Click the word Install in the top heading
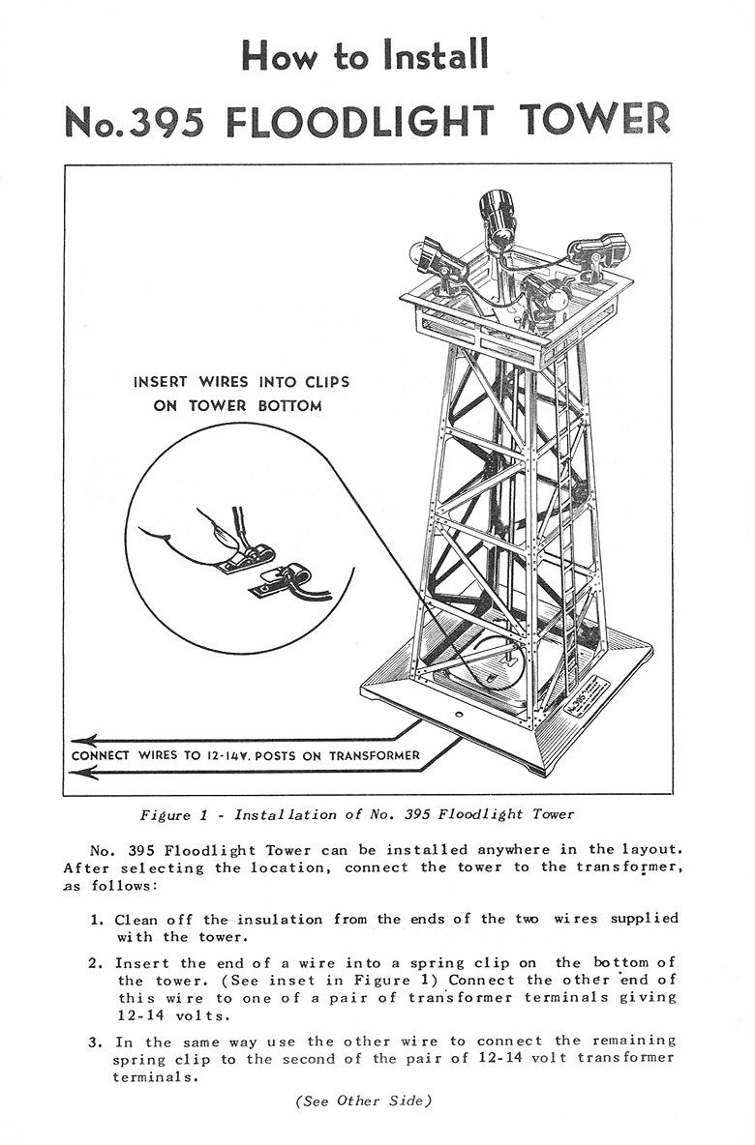(x=434, y=54)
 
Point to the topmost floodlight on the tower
(x=498, y=215)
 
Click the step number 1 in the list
(x=97, y=919)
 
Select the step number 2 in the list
(x=97, y=963)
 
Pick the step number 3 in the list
(x=97, y=1042)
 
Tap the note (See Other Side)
(x=363, y=1101)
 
